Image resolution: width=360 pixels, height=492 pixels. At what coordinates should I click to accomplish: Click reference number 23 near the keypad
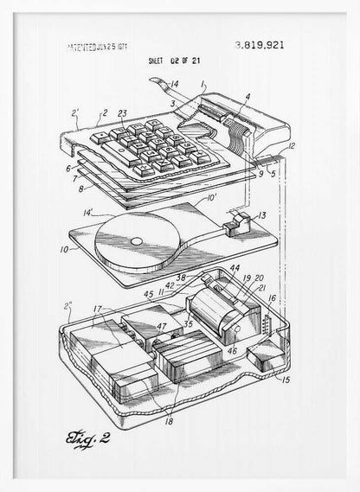click(122, 112)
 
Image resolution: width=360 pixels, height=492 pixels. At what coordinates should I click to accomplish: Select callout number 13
click(263, 214)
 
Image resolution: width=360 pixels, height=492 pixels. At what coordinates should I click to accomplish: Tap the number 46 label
click(232, 353)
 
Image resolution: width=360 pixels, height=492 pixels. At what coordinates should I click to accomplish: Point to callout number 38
click(183, 278)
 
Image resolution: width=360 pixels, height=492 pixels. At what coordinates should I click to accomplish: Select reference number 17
click(99, 307)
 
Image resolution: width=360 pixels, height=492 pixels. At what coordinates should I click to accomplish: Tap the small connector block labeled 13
click(234, 228)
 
